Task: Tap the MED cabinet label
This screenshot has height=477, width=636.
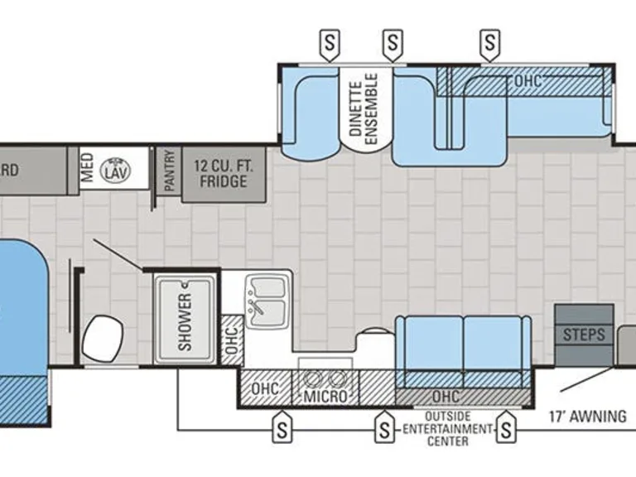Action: coord(87,167)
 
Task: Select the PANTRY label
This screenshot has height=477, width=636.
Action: coord(170,171)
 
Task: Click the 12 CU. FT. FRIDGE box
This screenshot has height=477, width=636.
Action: coord(224,175)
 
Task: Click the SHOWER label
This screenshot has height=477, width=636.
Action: coord(185,322)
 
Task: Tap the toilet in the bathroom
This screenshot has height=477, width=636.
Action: coord(103,338)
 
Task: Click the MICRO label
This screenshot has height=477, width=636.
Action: coord(325,397)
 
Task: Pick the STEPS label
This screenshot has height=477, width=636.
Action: coord(584,335)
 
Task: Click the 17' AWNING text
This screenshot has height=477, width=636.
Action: coord(588,417)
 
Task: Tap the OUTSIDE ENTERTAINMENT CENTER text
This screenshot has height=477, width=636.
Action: coord(448,429)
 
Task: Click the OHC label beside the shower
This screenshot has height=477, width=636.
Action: coord(232,340)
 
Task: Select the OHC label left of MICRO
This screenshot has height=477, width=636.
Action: coord(265,388)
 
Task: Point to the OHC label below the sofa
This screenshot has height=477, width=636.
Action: coord(446,397)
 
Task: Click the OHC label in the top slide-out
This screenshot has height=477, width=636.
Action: coord(528,81)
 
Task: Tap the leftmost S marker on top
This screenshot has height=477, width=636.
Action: coord(330,45)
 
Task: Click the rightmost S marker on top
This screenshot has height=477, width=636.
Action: coord(490,45)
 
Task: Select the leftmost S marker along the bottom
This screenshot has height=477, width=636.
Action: coord(282,427)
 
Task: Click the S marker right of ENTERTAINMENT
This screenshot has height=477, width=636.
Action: coord(506,427)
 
